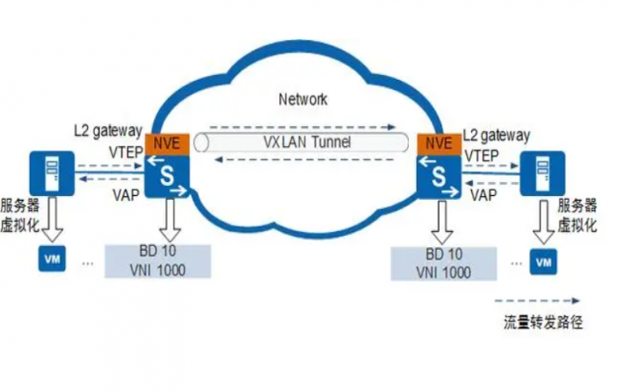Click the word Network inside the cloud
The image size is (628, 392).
[x=303, y=100]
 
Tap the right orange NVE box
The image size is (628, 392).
[x=436, y=143]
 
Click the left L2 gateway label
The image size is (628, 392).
[x=108, y=130]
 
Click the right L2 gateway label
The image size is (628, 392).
[x=497, y=136]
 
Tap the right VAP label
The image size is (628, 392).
[x=484, y=195]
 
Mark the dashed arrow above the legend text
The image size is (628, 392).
[x=538, y=300]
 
